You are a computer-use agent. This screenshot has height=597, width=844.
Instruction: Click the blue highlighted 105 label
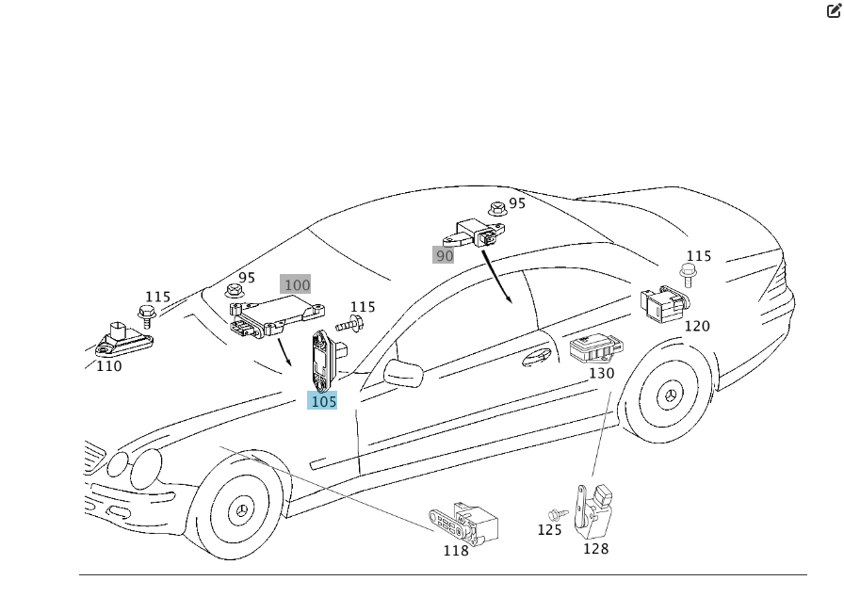tap(322, 401)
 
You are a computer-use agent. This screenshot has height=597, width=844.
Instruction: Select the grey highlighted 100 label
tap(296, 284)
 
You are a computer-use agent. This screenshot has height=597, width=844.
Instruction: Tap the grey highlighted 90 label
tap(443, 255)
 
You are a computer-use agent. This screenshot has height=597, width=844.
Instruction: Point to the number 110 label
tap(108, 366)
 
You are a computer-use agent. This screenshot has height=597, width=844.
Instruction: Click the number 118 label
tap(456, 551)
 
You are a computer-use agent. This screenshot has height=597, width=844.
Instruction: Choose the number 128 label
tap(596, 549)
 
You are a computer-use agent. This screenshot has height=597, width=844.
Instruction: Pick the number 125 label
tap(549, 530)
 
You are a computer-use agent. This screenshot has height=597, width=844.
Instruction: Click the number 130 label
tap(601, 373)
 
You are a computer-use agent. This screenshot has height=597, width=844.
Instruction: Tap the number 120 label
tap(697, 326)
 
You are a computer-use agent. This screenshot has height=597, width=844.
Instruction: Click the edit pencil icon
tap(834, 10)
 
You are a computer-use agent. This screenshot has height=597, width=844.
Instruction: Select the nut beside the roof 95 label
tap(497, 208)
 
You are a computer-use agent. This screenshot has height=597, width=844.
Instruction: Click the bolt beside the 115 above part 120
tap(687, 275)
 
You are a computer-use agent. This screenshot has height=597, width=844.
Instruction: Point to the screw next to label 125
tap(559, 515)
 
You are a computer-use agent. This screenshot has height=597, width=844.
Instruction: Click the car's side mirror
tap(403, 372)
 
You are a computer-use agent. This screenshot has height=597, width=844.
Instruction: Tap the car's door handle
tap(537, 357)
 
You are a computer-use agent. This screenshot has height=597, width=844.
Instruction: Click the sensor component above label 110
tap(123, 340)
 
